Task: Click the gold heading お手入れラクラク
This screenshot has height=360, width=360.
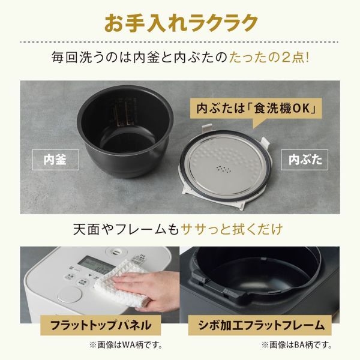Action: [181, 22]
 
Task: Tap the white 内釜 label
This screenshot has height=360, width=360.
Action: [54, 160]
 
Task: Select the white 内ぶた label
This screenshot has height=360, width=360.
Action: [305, 160]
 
